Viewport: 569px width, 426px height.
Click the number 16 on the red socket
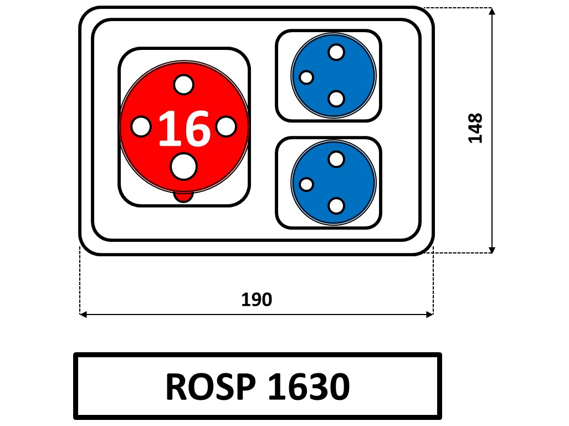pos(184,128)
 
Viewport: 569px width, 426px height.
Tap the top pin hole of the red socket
pos(183,85)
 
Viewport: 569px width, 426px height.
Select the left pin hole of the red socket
pos(141,127)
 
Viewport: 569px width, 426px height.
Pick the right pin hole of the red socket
pos(225,126)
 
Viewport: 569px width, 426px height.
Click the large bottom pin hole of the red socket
pos(183,166)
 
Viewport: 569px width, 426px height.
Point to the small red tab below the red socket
pos(183,196)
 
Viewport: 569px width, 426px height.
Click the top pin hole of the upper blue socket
pos(336,52)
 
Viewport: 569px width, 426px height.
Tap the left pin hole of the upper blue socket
pos(306,77)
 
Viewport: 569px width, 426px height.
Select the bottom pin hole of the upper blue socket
pos(336,99)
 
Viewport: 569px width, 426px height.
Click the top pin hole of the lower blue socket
pos(336,159)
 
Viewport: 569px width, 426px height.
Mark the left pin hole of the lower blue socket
pos(306,184)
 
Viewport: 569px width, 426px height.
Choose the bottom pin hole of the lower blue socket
pos(336,206)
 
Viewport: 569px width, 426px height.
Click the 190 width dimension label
pos(257,300)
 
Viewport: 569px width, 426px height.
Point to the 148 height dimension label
pos(475,128)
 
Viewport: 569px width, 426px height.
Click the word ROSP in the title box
pos(210,387)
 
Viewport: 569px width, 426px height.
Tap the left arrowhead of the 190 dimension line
pos(84,315)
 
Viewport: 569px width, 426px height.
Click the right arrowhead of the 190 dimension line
pos(429,315)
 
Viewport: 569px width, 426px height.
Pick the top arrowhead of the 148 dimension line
pos(491,12)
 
